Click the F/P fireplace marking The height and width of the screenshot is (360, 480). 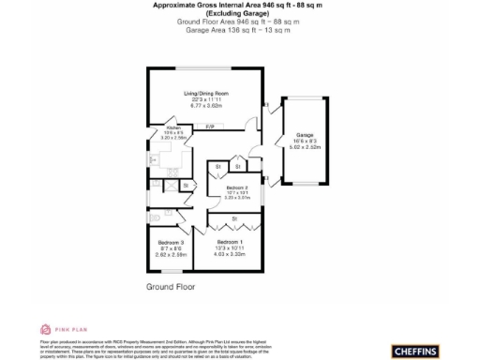210,126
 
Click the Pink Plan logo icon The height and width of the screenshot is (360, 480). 44,329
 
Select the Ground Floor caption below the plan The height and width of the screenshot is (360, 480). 170,285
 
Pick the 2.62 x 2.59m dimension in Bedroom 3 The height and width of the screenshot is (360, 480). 170,255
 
